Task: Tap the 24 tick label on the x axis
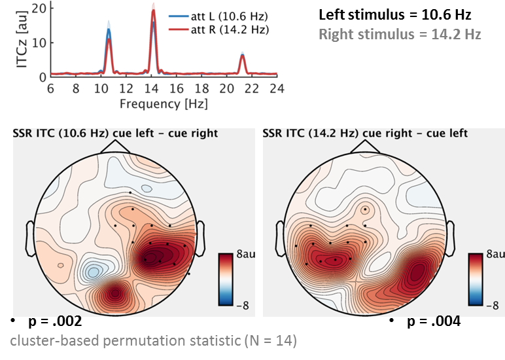click(277, 89)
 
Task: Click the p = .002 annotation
click(55, 322)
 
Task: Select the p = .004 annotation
click(432, 321)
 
